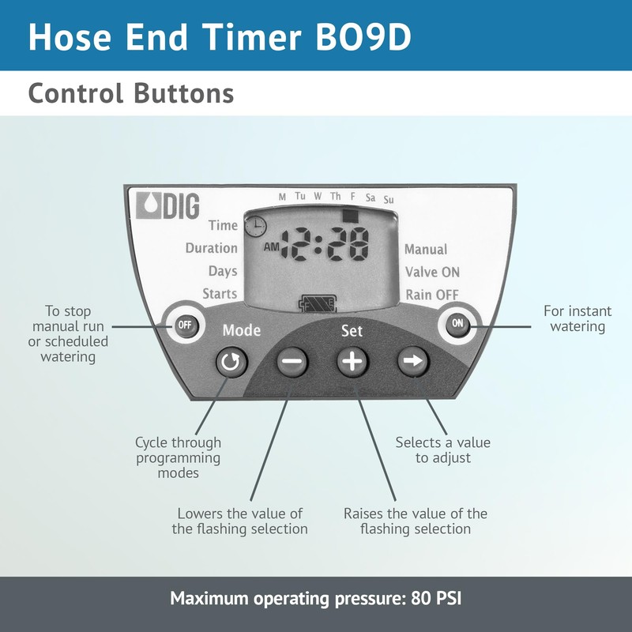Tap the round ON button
coord(457,323)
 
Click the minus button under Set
coord(292,362)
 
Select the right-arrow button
coord(412,362)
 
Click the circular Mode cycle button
coord(231,363)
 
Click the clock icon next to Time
coord(255,227)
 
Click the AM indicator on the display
coord(271,246)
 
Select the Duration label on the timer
coord(212,248)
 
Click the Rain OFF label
coord(432,295)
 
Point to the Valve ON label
coord(432,272)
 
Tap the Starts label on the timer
coord(220,294)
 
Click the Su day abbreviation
coord(388,200)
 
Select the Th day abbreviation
coord(336,196)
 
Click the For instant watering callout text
coord(577,318)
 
